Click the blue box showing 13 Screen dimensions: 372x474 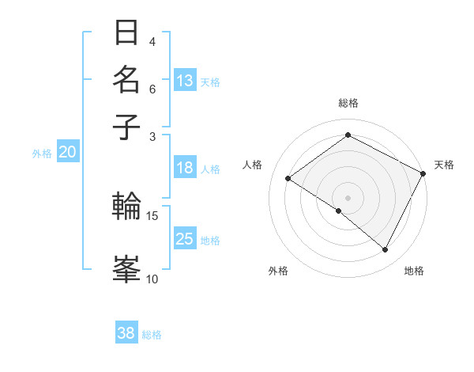coord(185,81)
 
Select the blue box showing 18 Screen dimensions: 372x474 coord(185,168)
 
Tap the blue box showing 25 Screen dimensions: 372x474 coord(185,239)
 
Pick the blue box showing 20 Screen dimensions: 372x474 coord(67,153)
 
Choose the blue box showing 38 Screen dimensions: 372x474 coord(126,333)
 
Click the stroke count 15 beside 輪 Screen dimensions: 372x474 coord(152,215)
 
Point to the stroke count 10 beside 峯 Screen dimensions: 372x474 coord(152,279)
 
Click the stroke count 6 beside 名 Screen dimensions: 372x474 coord(152,89)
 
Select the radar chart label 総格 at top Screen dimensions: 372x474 coord(348,103)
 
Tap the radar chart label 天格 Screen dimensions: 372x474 coord(444,165)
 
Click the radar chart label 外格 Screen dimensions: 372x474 coord(278,271)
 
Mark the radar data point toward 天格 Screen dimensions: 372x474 coord(423,173)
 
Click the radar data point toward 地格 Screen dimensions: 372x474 coord(386,250)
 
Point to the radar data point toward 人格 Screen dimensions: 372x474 coord(288,178)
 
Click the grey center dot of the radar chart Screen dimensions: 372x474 coord(348,197)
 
